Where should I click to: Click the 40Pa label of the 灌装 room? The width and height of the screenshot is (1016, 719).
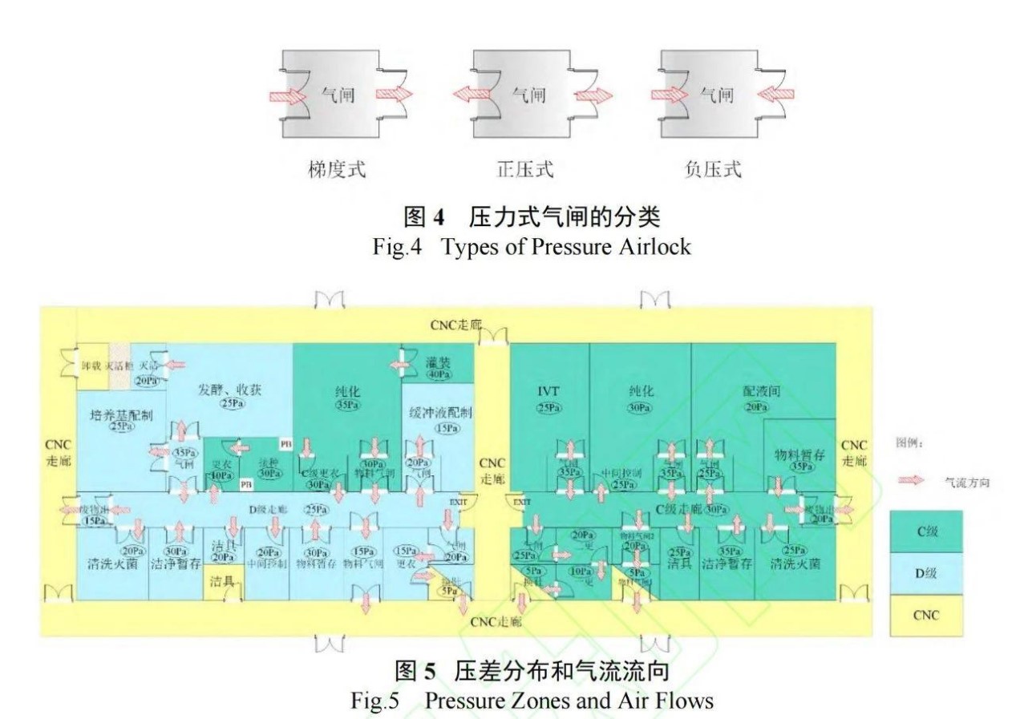[438, 374]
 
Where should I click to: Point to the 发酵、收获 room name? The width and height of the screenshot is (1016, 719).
[233, 389]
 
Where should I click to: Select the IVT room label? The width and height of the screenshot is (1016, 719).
[549, 393]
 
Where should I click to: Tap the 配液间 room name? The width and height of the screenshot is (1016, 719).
[762, 392]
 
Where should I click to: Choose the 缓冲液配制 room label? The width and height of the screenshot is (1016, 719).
[440, 413]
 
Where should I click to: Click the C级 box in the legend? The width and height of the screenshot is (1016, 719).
[927, 531]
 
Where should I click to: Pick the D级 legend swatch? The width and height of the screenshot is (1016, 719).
[927, 574]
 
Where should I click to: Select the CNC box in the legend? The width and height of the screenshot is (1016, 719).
[927, 616]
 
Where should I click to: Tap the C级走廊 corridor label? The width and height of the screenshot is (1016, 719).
[678, 508]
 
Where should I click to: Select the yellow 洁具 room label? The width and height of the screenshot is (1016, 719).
[221, 580]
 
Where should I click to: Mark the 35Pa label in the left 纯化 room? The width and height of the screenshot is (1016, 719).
[346, 406]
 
